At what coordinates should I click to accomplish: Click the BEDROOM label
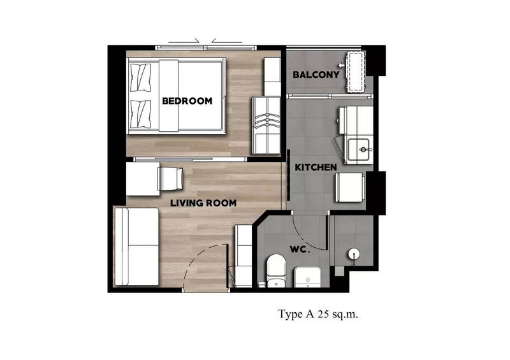[x=187, y=101]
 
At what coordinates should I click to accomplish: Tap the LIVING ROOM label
[x=203, y=203]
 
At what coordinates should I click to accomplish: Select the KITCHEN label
[x=316, y=167]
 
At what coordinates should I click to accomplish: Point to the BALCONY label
[x=316, y=75]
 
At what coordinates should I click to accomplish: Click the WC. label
[x=299, y=249]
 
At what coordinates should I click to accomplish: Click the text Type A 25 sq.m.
[x=318, y=314]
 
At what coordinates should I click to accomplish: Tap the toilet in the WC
[x=276, y=271]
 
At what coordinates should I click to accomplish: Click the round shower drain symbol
[x=354, y=254]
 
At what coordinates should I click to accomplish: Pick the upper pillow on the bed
[x=140, y=77]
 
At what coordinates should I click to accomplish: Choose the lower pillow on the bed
[x=140, y=114]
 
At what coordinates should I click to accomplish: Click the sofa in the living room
[x=136, y=247]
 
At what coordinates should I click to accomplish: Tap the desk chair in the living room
[x=170, y=178]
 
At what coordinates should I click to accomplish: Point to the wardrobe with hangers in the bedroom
[x=266, y=126]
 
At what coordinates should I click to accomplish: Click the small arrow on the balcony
[x=341, y=66]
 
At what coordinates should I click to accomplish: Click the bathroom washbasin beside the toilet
[x=308, y=277]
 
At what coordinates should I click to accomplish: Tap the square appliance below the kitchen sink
[x=349, y=187]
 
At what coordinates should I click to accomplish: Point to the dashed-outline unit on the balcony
[x=355, y=72]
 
